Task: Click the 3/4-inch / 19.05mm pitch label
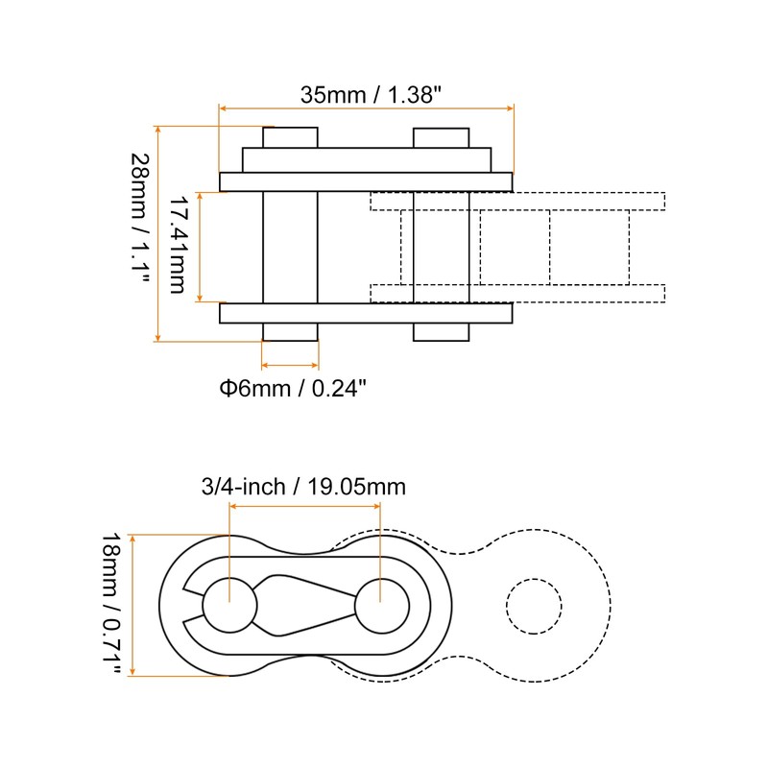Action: (303, 487)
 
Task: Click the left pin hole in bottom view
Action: (230, 605)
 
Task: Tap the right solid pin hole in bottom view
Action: (382, 605)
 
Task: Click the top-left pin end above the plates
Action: (290, 137)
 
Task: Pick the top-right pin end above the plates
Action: (441, 137)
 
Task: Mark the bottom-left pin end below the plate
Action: (290, 332)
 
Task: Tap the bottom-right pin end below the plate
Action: (441, 332)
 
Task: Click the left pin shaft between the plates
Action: (290, 247)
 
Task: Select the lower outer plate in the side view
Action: (366, 313)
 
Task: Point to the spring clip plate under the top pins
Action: (366, 159)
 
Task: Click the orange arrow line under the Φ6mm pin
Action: (290, 366)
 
